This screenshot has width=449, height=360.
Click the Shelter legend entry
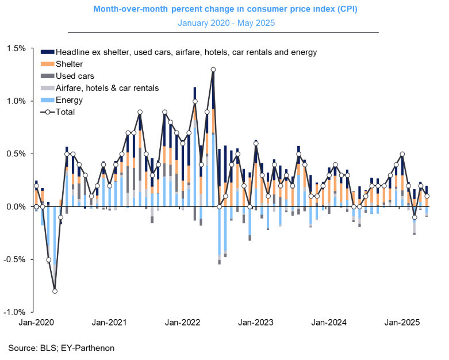[x=70, y=64]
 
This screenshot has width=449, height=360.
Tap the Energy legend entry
[x=70, y=100]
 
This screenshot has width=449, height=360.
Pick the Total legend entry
[x=66, y=112]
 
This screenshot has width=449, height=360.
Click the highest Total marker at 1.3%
[x=213, y=70]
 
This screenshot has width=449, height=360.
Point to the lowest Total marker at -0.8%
[x=55, y=291]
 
